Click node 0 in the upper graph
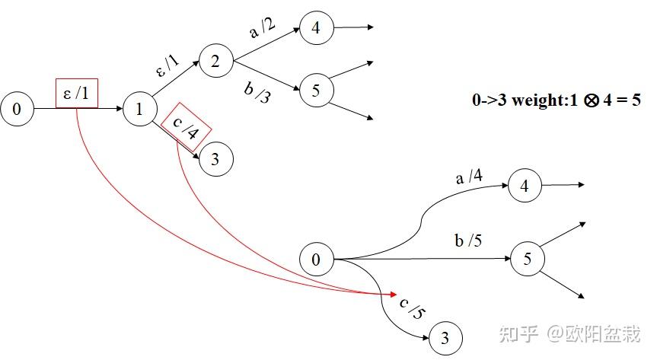coord(18,110)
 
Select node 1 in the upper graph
coord(139,110)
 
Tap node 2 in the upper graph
coord(215,61)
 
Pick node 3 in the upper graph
coord(215,159)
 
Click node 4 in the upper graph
coord(315,28)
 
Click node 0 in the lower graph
coord(316,260)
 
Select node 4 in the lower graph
coord(524,185)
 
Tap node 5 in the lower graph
coord(528,259)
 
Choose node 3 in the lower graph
coord(447,337)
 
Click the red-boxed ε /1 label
coord(76,94)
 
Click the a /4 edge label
coord(468,177)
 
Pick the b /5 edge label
coord(468,241)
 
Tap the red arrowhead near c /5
coord(394,294)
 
